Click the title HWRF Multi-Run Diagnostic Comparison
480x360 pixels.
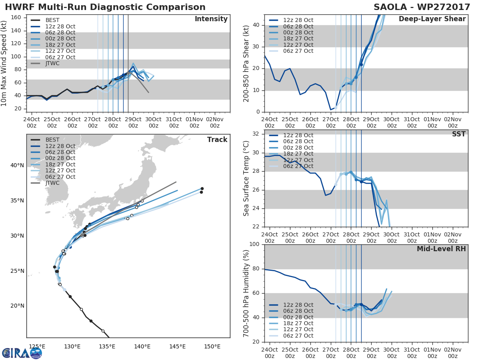point(105,7)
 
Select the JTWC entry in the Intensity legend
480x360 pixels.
point(52,64)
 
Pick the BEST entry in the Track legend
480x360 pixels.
point(52,140)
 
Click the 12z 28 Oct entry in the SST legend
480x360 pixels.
point(298,135)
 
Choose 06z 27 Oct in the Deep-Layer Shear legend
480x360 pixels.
point(298,51)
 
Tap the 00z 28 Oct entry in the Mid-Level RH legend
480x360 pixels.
point(298,317)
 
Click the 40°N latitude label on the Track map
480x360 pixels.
point(17,165)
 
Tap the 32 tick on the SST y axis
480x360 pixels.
point(258,134)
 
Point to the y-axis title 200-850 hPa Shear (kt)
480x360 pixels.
point(246,64)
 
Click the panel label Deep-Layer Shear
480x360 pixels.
point(432,19)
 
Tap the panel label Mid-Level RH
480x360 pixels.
point(441,249)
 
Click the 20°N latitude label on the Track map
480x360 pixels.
point(17,306)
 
